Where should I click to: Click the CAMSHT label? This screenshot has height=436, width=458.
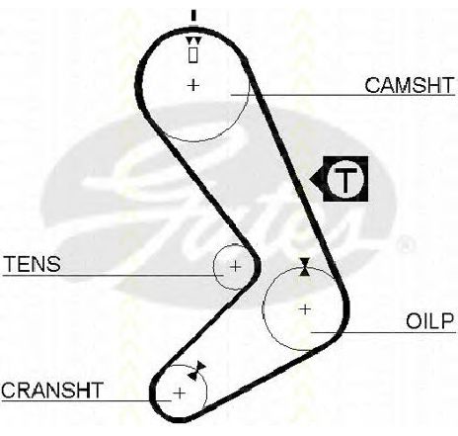click(410, 85)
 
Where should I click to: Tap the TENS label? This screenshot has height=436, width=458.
click(33, 264)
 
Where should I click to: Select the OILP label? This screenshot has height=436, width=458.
click(429, 321)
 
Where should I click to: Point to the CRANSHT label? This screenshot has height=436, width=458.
click(52, 390)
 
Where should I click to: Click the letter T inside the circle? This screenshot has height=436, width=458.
click(345, 180)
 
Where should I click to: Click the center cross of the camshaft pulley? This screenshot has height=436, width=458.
click(193, 85)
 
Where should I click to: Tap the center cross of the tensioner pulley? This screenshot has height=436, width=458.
click(235, 266)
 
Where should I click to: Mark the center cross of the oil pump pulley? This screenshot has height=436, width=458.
click(306, 309)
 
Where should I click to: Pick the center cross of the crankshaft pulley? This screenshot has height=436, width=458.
click(180, 393)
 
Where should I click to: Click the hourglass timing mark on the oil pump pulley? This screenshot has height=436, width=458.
click(305, 267)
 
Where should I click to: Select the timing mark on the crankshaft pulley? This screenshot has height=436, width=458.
click(196, 371)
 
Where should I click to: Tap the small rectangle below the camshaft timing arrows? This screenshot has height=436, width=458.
click(193, 55)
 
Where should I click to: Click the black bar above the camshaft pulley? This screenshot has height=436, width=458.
click(193, 15)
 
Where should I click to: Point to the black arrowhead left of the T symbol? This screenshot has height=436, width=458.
click(317, 179)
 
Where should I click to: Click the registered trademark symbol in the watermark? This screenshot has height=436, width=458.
click(405, 245)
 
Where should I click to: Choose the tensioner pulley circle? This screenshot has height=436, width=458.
click(214, 267)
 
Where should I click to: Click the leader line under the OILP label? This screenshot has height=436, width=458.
click(383, 333)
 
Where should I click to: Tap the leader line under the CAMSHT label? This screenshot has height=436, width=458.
click(343, 95)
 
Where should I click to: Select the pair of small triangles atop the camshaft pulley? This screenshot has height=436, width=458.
click(193, 41)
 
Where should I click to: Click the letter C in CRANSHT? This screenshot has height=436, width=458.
click(10, 390)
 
